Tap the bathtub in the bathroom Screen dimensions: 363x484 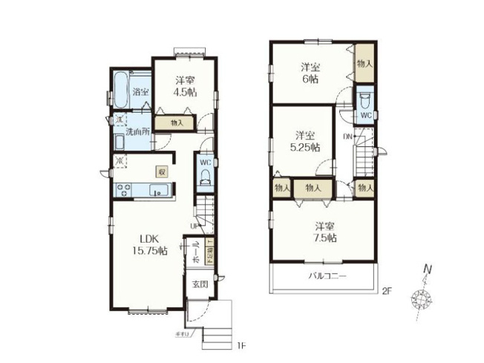point(120,92)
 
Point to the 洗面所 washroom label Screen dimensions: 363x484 point(137,131)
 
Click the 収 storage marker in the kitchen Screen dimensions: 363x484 point(161,171)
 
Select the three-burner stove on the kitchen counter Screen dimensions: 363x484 point(122,191)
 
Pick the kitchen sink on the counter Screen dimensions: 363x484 point(157,192)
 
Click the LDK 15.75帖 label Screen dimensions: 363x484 point(150,245)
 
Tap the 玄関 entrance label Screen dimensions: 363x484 point(200,284)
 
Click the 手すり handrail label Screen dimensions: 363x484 point(180,336)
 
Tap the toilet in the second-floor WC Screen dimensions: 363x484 point(364,99)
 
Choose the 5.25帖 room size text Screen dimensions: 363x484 point(305,147)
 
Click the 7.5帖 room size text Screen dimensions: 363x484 point(324,238)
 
